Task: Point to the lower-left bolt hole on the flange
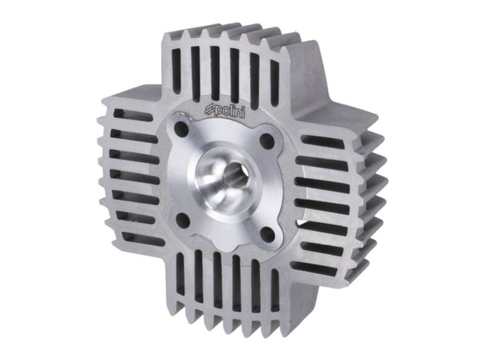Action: click(x=183, y=220)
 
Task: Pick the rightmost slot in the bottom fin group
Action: click(x=275, y=292)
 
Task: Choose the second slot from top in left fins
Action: click(x=128, y=134)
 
